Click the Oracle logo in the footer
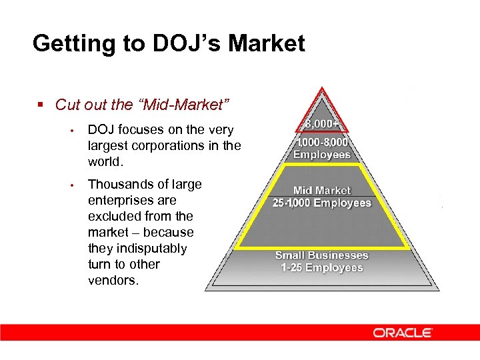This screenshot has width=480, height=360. click(403, 332)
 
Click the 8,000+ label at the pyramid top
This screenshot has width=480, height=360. click(321, 124)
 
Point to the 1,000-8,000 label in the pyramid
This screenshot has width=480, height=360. click(322, 143)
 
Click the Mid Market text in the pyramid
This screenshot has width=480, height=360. click(322, 191)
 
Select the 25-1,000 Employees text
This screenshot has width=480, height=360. click(322, 203)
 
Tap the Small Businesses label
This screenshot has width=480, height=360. click(322, 255)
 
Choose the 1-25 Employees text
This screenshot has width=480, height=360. click(322, 268)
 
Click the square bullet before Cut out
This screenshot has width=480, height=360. click(41, 105)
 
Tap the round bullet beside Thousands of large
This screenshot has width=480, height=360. click(78, 185)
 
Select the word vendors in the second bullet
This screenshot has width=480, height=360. click(113, 280)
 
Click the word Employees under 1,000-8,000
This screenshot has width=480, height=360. click(322, 155)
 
